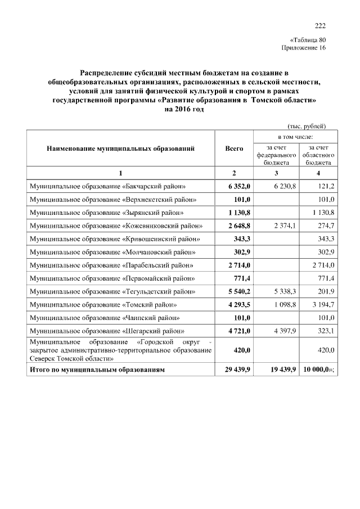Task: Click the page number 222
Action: (320, 25)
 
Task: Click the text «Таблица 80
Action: (308, 40)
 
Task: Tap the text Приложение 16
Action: (303, 48)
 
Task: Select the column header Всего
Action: (234, 148)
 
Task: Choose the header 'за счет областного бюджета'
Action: (318, 153)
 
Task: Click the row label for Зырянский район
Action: (107, 213)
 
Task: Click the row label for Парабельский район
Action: (112, 265)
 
